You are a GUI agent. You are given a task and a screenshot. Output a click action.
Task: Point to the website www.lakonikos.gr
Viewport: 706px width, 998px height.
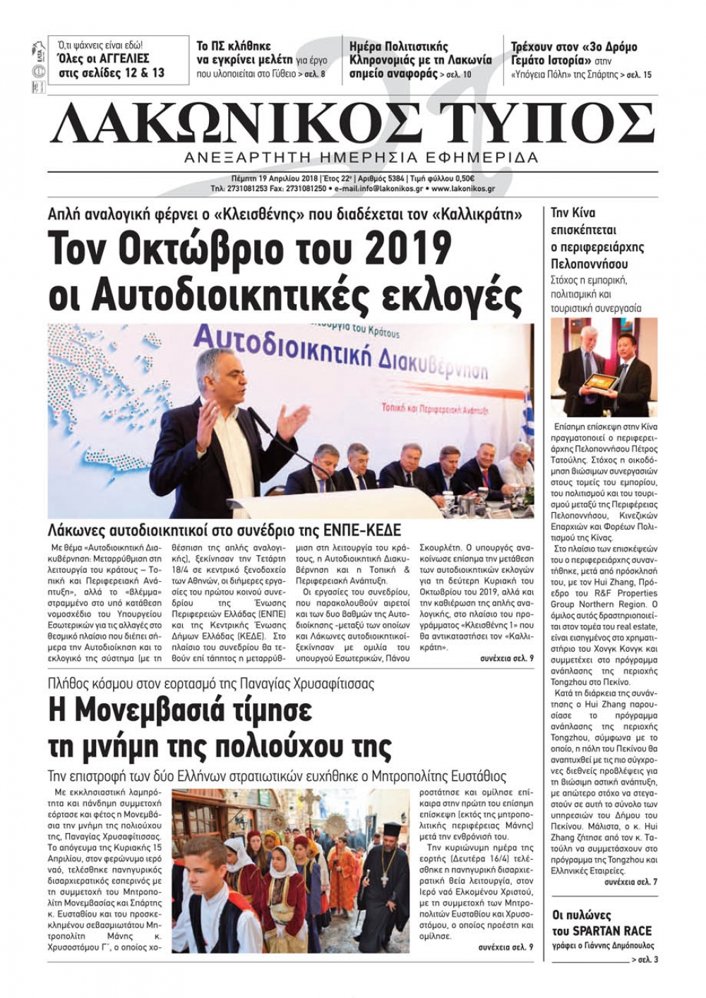point(462,189)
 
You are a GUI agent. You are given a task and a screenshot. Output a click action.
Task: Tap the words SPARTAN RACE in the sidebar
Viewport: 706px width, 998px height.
point(602,930)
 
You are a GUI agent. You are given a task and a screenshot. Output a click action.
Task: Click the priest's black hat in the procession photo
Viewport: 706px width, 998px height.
point(392,829)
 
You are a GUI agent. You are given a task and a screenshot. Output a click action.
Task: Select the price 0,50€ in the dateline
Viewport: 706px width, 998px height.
point(438,178)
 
